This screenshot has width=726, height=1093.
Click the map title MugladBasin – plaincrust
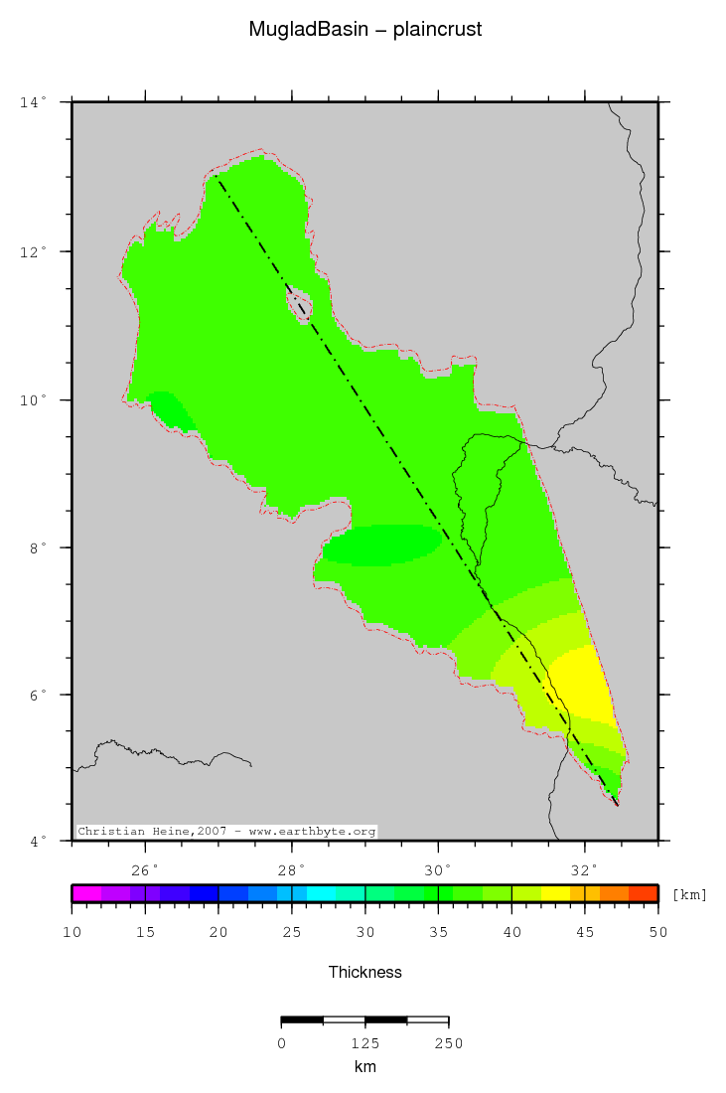pos(364,30)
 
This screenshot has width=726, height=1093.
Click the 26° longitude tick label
pos(146,870)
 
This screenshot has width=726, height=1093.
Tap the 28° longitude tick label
pos(292,870)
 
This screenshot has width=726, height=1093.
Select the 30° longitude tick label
pos(438,870)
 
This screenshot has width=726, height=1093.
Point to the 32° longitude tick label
pos(585,870)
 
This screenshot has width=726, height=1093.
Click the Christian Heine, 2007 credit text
pos(226,831)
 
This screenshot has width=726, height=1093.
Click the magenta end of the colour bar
pos(86,893)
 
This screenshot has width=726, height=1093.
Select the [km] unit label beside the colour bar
pos(689,894)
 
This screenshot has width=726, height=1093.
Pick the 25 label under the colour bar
pos(292,932)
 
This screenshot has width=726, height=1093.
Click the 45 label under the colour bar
pos(585,932)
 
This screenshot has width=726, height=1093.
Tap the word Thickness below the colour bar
pos(364,972)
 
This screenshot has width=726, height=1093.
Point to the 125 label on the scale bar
pos(364,1042)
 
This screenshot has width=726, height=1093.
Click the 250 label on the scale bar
pos(448,1042)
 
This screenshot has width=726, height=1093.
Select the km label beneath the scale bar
pos(364,1066)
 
